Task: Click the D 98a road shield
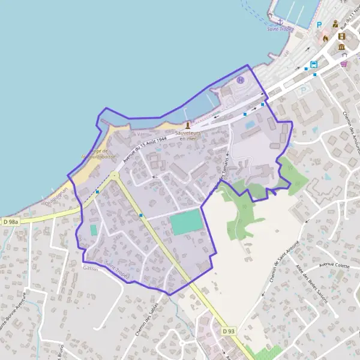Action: click(x=10, y=222)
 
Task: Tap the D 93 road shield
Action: click(x=227, y=331)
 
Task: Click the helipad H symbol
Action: click(x=241, y=80)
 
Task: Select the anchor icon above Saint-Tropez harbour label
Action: click(x=280, y=22)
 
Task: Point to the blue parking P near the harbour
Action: click(x=319, y=25)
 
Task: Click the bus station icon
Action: click(x=313, y=64)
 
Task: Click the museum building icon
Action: click(x=341, y=47)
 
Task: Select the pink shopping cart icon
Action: click(x=344, y=64)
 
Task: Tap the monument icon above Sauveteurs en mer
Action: click(x=188, y=125)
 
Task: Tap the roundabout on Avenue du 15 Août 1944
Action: click(x=113, y=175)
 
